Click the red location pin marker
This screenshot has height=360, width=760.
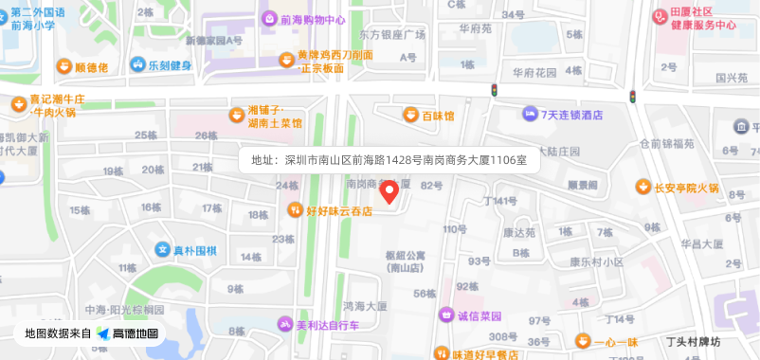click(x=389, y=190)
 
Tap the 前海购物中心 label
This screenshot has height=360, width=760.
click(x=314, y=19)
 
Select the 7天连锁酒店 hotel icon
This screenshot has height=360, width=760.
click(x=529, y=115)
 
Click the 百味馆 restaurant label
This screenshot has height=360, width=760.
click(x=438, y=116)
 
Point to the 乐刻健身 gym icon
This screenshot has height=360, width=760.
click(x=138, y=65)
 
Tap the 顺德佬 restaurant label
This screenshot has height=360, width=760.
click(x=91, y=67)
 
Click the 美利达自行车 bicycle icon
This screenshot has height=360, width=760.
click(x=283, y=325)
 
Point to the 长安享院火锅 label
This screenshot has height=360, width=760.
click(x=686, y=188)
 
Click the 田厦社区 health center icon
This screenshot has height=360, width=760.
click(x=659, y=17)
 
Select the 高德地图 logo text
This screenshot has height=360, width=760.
click(x=135, y=333)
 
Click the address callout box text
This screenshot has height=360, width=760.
click(x=388, y=159)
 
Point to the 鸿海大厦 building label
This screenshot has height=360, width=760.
click(x=366, y=306)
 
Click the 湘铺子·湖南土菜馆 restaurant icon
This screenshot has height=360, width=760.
click(x=236, y=116)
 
